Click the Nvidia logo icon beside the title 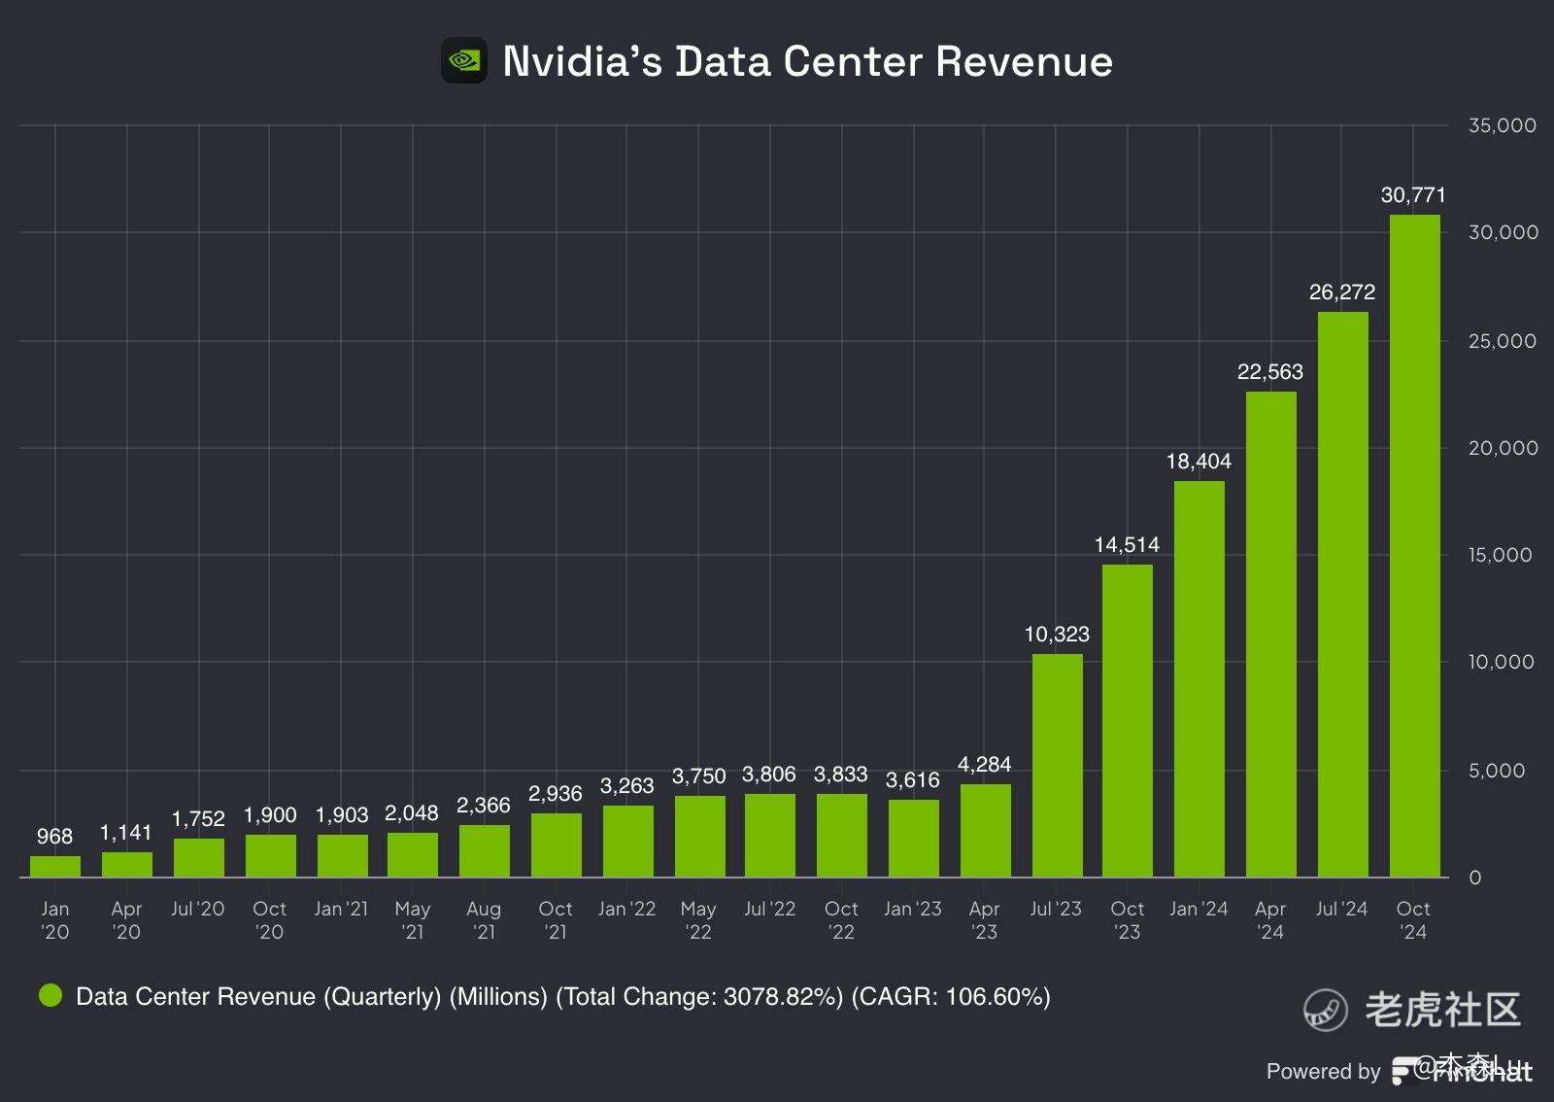464,61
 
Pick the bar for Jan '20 55,867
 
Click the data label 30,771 1413,195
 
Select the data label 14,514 1127,545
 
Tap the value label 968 54,837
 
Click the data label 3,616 912,780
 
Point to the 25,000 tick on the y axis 1503,341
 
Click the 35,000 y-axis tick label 1503,125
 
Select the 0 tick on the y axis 1475,878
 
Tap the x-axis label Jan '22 626,910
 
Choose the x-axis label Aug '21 484,920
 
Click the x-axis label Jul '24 1341,910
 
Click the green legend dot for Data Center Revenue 51,995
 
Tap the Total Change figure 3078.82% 782,997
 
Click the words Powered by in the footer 1323,1071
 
